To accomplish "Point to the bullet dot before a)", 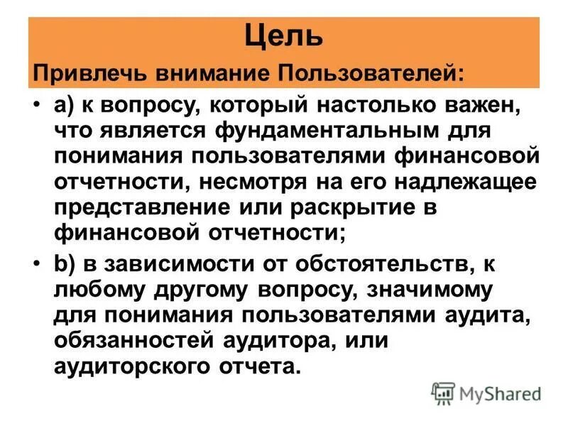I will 37,106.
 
